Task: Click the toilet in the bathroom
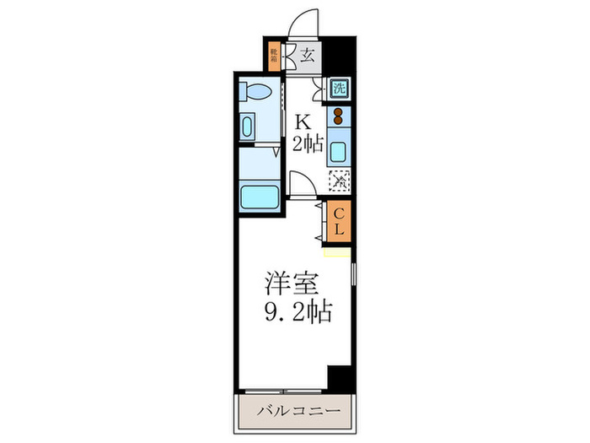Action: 255,91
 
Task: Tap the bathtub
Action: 260,197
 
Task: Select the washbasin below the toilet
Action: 247,127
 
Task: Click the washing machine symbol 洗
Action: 338,87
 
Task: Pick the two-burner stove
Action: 339,116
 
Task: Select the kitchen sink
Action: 339,153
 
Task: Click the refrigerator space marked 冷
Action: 339,180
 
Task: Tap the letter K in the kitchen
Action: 301,120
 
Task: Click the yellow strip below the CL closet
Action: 336,252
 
